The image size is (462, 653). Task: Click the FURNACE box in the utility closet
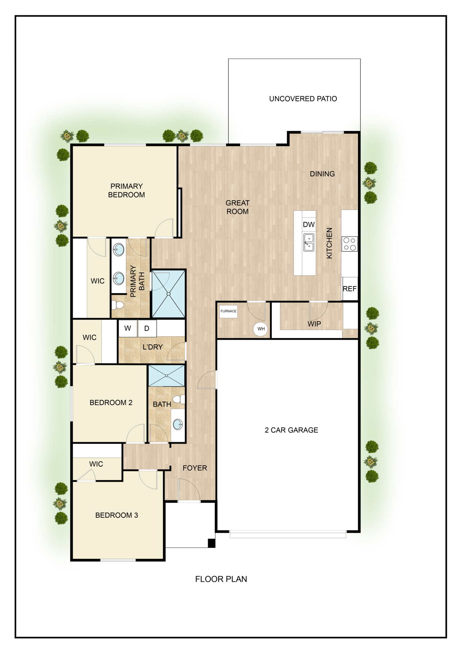point(228,311)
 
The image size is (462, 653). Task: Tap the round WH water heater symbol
point(261,329)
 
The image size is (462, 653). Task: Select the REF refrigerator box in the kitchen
point(350,289)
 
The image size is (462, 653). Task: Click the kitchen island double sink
point(309,242)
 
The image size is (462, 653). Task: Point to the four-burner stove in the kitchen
point(350,244)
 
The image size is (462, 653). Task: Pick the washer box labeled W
point(128,328)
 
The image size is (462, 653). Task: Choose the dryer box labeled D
point(147,328)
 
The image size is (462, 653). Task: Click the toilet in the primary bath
point(117,305)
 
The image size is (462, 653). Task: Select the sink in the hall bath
point(178,424)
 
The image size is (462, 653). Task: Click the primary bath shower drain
point(169,294)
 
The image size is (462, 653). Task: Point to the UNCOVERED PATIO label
point(303,99)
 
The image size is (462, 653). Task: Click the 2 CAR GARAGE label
point(291,430)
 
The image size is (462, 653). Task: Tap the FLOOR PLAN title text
point(221,579)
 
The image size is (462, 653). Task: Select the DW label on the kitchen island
point(309,224)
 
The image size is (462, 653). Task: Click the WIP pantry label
point(314,324)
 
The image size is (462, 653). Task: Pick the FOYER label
point(195,468)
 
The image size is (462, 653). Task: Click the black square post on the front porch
point(212,543)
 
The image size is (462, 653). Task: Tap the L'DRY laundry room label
point(153,347)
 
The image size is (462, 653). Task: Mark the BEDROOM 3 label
point(117,515)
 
